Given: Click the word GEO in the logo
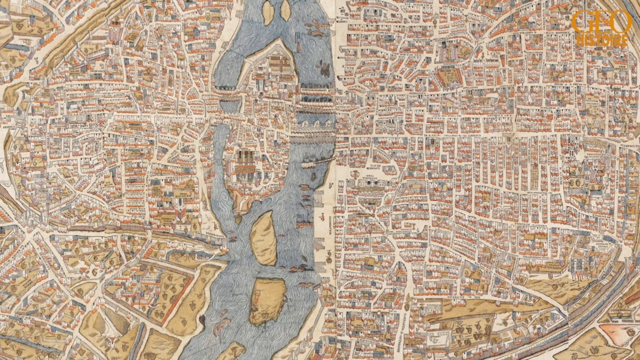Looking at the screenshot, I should [x=602, y=22].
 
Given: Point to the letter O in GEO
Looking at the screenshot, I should [x=622, y=22].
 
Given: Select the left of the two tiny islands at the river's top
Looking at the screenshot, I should [x=268, y=12].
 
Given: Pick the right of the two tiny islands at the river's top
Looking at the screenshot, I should [x=285, y=10].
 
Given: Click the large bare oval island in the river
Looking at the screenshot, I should [x=263, y=237].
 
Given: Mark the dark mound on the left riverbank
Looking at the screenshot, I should [x=202, y=319].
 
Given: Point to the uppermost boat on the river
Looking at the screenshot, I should [x=316, y=23].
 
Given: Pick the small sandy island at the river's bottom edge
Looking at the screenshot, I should [x=231, y=351].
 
